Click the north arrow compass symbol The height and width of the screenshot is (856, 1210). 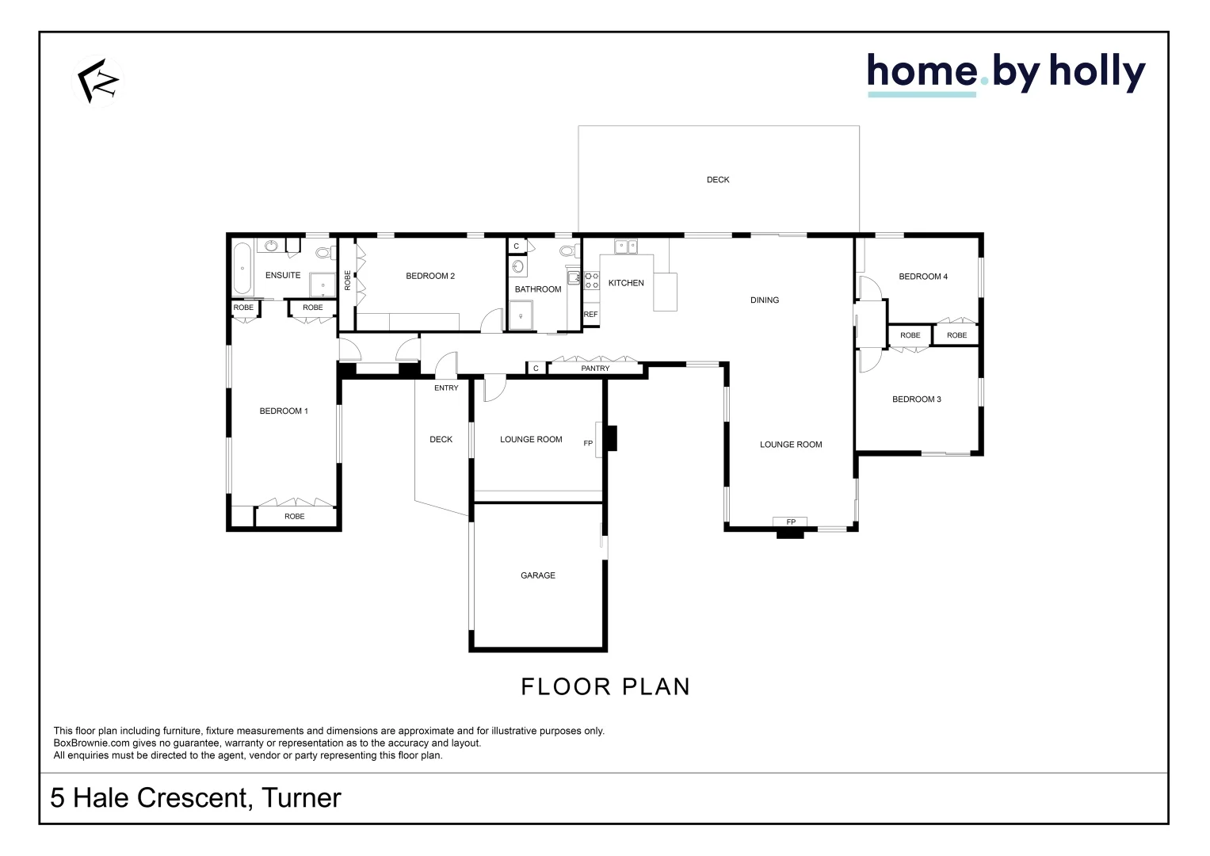click(x=98, y=80)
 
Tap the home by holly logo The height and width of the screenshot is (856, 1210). click(x=1006, y=74)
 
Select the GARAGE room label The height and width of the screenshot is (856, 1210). click(x=538, y=575)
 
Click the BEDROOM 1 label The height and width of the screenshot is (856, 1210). click(x=284, y=411)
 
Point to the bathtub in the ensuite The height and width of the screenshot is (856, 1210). click(x=242, y=269)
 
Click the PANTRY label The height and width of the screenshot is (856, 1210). click(x=595, y=369)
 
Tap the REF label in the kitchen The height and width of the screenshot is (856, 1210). click(x=590, y=315)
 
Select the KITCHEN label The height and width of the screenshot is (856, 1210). click(x=626, y=283)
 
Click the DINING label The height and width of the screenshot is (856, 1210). click(x=765, y=300)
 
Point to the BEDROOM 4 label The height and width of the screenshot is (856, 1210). click(x=923, y=277)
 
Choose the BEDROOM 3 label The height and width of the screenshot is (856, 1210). click(x=917, y=399)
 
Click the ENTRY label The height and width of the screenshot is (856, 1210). click(x=446, y=388)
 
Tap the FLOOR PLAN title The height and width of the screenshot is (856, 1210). click(x=605, y=687)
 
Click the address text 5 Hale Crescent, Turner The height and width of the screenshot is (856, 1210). click(x=196, y=798)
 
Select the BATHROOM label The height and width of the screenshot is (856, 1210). click(x=538, y=289)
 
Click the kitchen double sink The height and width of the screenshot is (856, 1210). click(x=626, y=246)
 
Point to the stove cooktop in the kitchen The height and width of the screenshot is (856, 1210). click(x=591, y=280)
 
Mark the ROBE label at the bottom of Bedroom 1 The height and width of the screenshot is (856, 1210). click(x=295, y=517)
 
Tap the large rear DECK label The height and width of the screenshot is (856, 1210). click(x=718, y=180)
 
